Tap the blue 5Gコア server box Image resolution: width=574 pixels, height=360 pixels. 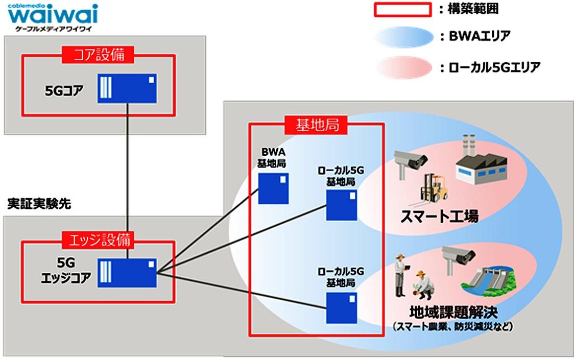tap(128, 88)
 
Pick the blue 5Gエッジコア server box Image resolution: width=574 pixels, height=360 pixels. tap(128, 273)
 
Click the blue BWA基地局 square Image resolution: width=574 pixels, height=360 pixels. tap(273, 188)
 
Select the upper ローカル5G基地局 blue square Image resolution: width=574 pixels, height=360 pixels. tap(342, 205)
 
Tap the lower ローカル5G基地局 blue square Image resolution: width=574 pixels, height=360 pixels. tap(342, 307)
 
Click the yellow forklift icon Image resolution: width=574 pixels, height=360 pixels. tap(434, 188)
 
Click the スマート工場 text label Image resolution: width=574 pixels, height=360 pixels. tap(439, 216)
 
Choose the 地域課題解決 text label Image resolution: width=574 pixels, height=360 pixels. tap(453, 311)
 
